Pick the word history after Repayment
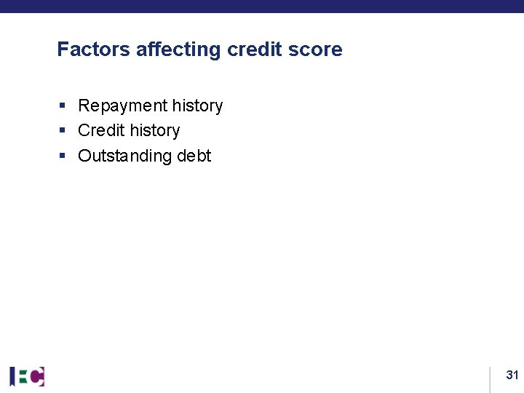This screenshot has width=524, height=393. click(x=197, y=106)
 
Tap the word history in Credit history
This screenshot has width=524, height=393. click(x=154, y=131)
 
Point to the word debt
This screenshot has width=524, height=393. click(x=194, y=156)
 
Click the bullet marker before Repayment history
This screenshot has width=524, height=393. click(x=63, y=106)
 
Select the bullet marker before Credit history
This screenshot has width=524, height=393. click(x=63, y=131)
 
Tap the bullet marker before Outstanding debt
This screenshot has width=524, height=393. click(x=63, y=156)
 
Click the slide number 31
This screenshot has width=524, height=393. click(x=512, y=376)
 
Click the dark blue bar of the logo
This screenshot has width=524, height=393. click(x=12, y=376)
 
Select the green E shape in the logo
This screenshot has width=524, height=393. click(x=23, y=376)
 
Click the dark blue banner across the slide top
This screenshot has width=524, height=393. click(x=262, y=6)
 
